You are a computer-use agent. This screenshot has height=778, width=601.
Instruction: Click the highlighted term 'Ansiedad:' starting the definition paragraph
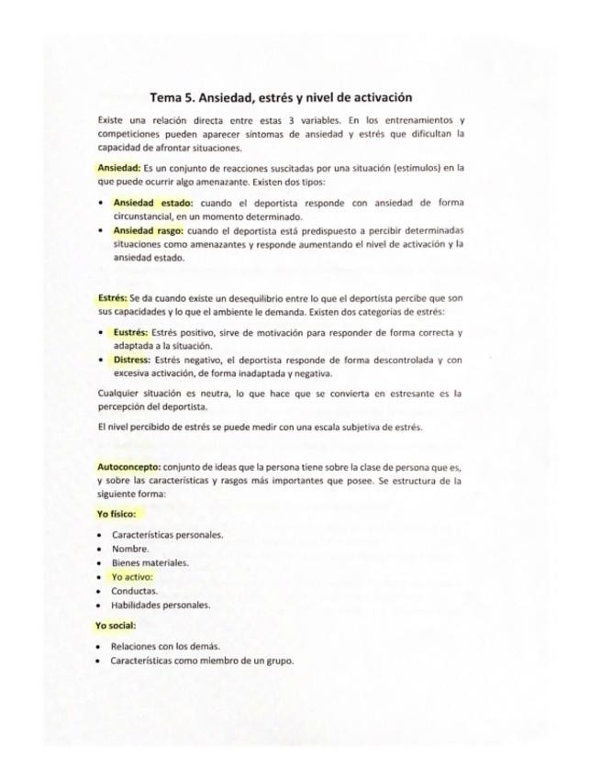[x=118, y=168]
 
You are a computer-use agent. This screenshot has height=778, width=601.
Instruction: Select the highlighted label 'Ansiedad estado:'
[x=152, y=202]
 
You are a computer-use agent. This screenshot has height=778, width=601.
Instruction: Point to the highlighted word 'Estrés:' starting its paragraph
[x=113, y=297]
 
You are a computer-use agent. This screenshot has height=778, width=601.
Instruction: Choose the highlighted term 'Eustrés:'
[x=135, y=331]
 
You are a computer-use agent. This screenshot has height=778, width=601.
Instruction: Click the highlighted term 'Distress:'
[x=132, y=360]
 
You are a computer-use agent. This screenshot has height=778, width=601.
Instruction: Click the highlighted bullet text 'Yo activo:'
[x=132, y=577]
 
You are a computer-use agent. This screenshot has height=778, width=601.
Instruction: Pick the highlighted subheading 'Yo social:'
[x=116, y=626]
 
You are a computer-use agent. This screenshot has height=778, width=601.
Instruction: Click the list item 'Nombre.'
[x=130, y=549]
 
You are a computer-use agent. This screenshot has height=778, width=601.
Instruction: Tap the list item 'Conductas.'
[x=135, y=591]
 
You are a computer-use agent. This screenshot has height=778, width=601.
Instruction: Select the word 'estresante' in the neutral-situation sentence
[x=399, y=394]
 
